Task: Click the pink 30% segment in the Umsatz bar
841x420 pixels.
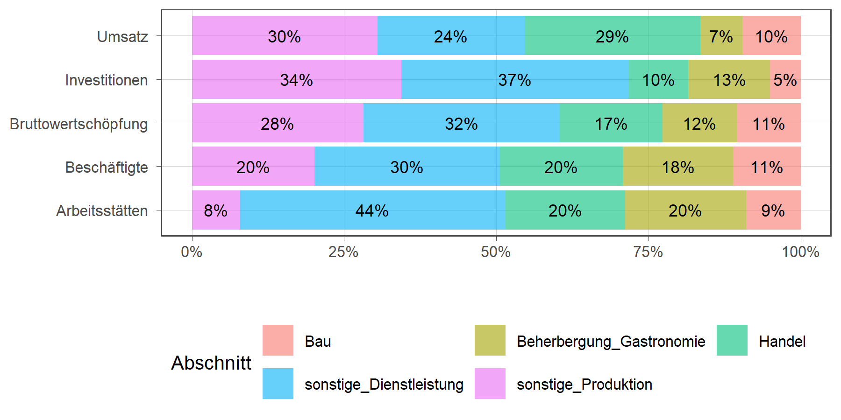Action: pos(284,36)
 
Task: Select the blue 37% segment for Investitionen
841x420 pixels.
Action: pos(514,80)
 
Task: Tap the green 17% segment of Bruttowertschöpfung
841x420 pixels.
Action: pos(611,124)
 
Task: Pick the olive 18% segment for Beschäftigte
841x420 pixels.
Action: pos(677,167)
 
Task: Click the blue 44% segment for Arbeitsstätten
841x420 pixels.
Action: pos(372,210)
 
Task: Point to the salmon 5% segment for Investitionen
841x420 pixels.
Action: pos(785,80)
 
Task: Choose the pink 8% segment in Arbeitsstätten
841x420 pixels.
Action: pos(215,210)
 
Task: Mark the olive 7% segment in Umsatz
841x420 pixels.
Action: pos(721,36)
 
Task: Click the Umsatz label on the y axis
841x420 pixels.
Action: pos(122,36)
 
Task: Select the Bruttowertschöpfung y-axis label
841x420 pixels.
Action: pos(78,124)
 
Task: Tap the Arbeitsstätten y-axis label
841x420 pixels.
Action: pos(102,211)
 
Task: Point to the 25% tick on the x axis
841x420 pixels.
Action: pos(343,252)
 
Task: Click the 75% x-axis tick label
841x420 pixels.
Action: pos(648,252)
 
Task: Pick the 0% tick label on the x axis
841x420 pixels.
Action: pos(192,252)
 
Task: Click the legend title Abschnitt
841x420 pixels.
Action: pos(211,363)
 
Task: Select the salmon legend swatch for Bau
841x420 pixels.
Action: pos(278,340)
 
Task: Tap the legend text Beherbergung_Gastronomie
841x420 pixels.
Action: pos(611,342)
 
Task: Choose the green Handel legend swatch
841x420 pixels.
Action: pos(732,340)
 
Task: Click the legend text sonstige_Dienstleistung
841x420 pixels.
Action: pos(384,385)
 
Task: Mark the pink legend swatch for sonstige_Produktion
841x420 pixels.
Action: pos(490,384)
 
